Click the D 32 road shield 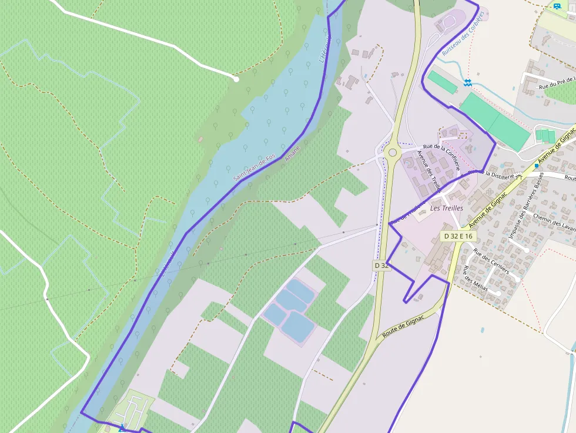381,266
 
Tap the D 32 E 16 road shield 458,236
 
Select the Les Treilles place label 447,208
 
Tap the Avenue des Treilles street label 428,172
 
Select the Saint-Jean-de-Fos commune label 254,167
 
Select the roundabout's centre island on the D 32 392,153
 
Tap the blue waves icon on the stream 467,83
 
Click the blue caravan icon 557,6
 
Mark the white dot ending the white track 236,79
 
